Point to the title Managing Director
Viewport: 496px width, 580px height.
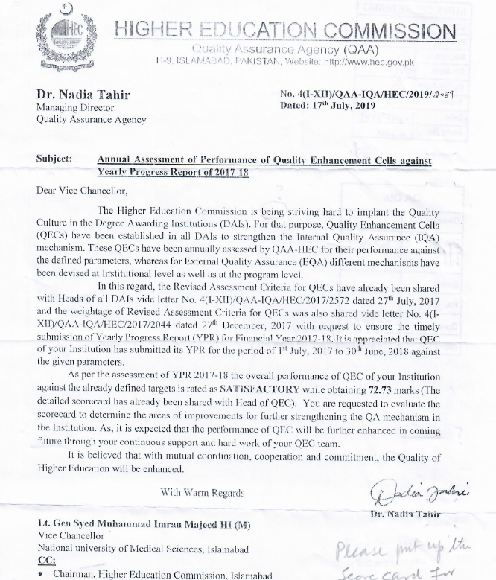click(x=74, y=107)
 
